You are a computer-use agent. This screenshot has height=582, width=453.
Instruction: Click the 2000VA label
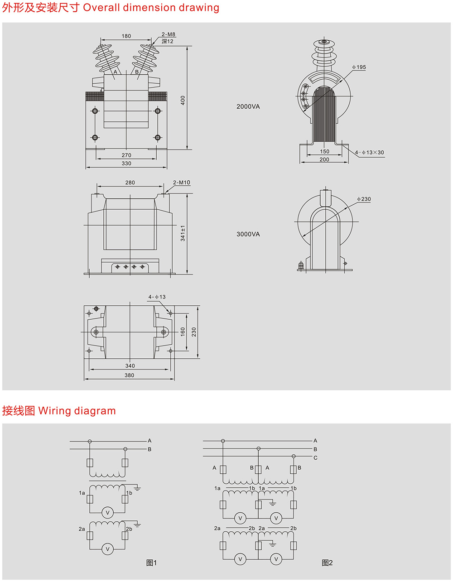(248, 107)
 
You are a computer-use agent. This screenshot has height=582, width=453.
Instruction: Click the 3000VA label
(248, 235)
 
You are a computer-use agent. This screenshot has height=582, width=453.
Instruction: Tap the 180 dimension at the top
(126, 36)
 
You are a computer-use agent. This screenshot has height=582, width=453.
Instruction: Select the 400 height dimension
(183, 100)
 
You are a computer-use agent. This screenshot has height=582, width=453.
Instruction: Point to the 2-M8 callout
(169, 34)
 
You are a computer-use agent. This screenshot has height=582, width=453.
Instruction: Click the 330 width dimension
(126, 164)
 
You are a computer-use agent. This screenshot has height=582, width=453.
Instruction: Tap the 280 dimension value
(130, 183)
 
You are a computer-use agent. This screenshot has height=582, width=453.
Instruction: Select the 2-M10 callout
(182, 183)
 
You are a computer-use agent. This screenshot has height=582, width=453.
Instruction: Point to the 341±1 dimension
(183, 233)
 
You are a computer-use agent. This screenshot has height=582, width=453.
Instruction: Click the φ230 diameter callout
(364, 199)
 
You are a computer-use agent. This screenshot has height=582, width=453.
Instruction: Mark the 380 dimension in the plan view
(129, 375)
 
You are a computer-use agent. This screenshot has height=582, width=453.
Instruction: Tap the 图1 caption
(151, 563)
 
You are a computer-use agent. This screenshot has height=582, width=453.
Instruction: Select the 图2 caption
(327, 563)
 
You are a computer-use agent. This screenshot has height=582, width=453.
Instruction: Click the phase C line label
(315, 458)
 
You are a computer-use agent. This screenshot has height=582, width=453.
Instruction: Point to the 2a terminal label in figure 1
(82, 529)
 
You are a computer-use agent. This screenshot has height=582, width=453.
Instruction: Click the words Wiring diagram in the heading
(77, 411)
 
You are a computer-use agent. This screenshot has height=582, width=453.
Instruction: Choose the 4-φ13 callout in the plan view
(157, 297)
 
